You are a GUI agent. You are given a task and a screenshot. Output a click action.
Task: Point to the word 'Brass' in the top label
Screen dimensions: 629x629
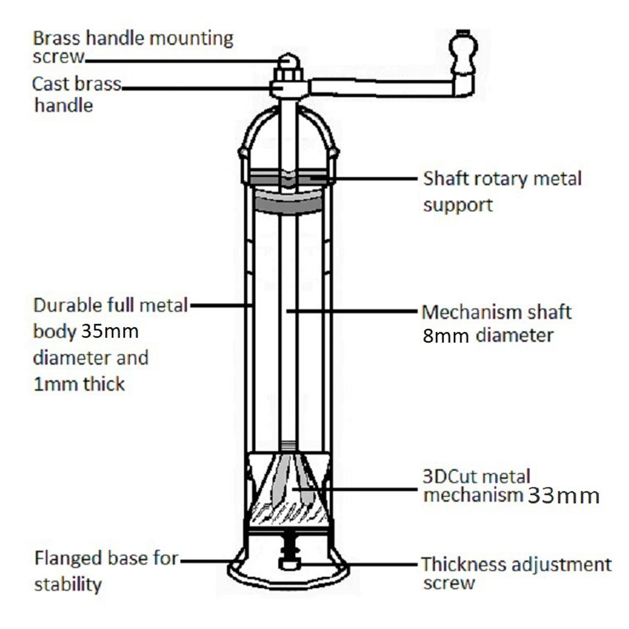click(57, 38)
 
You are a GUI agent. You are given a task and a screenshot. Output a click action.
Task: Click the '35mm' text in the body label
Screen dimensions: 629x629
click(110, 331)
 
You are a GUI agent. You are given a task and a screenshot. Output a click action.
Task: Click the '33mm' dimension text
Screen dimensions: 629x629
click(563, 495)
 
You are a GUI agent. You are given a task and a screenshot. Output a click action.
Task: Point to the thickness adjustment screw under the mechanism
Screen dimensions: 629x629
click(288, 556)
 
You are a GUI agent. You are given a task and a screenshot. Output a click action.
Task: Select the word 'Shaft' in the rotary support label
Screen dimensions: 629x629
click(446, 179)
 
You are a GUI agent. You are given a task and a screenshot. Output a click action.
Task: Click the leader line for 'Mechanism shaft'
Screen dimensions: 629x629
click(351, 311)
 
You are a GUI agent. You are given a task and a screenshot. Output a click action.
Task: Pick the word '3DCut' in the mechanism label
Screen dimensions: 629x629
click(450, 476)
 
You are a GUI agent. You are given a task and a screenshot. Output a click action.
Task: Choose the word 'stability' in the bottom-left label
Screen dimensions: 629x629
click(68, 584)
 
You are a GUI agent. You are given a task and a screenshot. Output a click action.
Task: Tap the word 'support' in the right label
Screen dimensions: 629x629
click(458, 204)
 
